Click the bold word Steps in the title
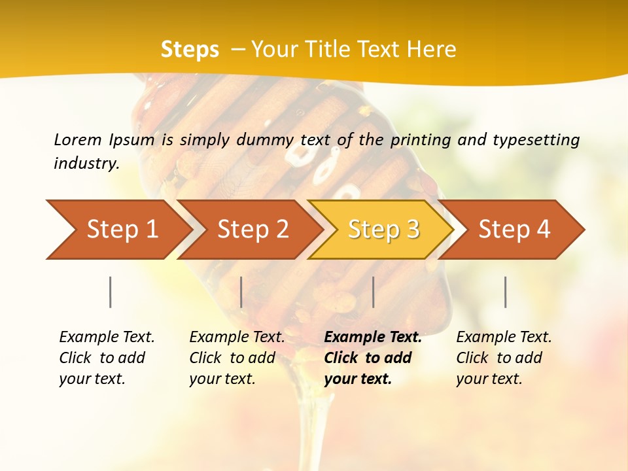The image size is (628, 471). click(190, 50)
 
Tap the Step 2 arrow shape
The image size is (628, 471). click(252, 230)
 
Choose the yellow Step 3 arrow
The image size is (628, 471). click(383, 230)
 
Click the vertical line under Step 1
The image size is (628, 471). click(111, 292)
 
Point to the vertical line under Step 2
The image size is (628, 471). click(241, 292)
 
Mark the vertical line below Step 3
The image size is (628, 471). click(373, 292)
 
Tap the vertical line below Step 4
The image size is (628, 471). click(505, 292)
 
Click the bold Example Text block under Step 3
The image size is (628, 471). click(373, 358)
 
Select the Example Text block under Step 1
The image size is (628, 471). click(107, 358)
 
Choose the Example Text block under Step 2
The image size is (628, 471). click(237, 358)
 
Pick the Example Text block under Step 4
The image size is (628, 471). click(504, 358)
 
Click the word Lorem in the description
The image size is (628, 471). click(78, 139)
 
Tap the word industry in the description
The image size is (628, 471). click(86, 164)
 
